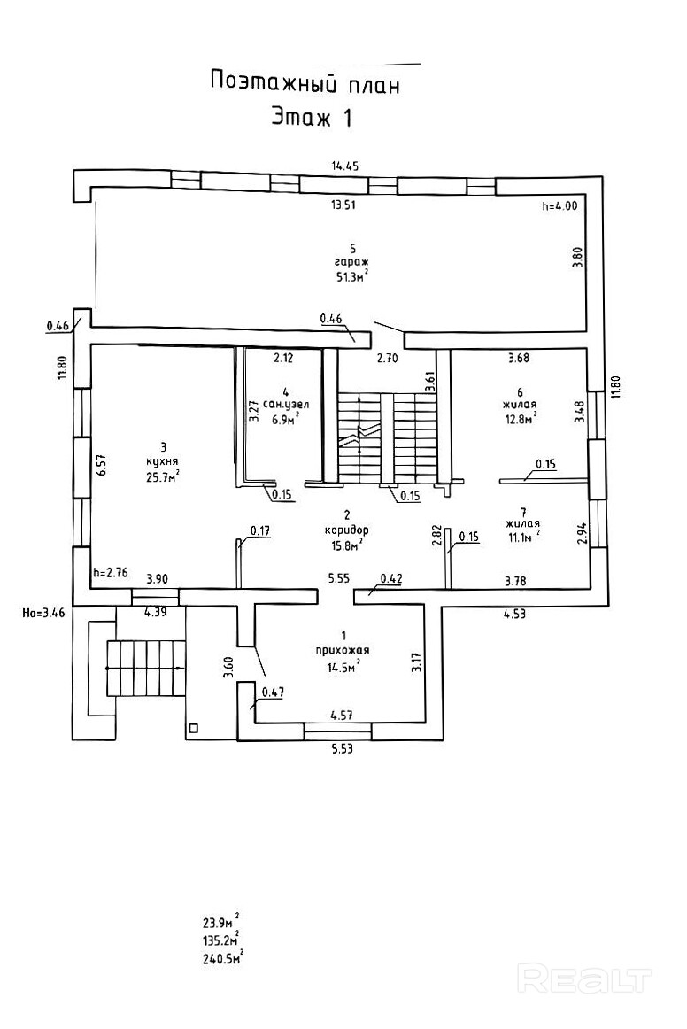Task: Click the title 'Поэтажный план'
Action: click(305, 84)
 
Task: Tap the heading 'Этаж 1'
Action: click(311, 118)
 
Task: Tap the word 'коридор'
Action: click(346, 530)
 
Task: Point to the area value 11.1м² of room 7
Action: click(521, 537)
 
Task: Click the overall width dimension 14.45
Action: click(344, 166)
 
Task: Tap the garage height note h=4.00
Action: click(559, 206)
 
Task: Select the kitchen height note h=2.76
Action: click(111, 572)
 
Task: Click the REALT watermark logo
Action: click(584, 979)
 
